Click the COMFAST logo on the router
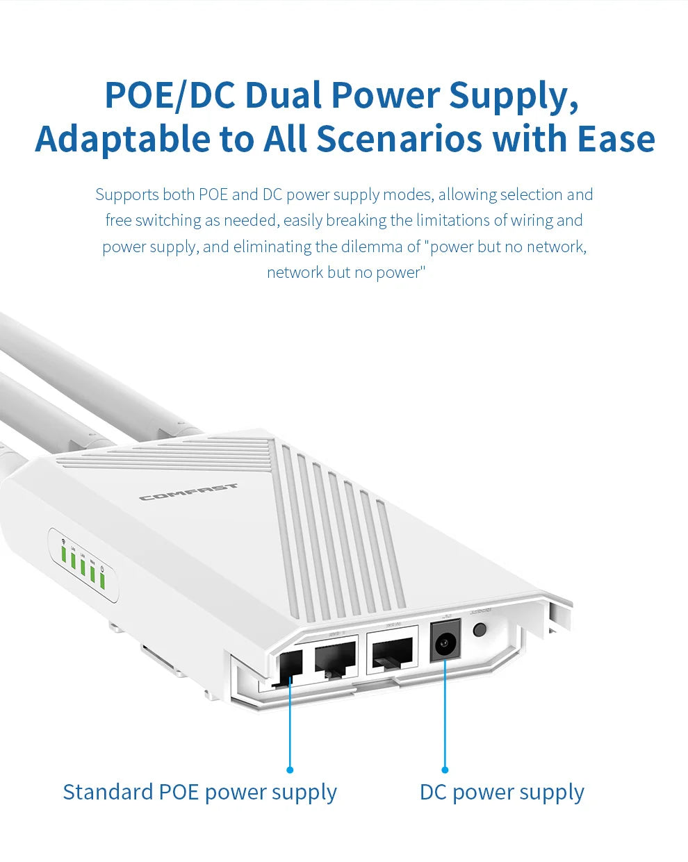pyautogui.click(x=188, y=492)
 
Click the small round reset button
pyautogui.click(x=480, y=630)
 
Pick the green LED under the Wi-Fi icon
pyautogui.click(x=63, y=554)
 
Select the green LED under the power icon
pyautogui.click(x=102, y=580)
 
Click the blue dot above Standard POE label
pyautogui.click(x=290, y=770)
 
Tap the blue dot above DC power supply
pyautogui.click(x=445, y=770)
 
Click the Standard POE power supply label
pyautogui.click(x=199, y=793)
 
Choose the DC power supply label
pyautogui.click(x=502, y=793)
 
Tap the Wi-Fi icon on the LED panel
pyautogui.click(x=63, y=541)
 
